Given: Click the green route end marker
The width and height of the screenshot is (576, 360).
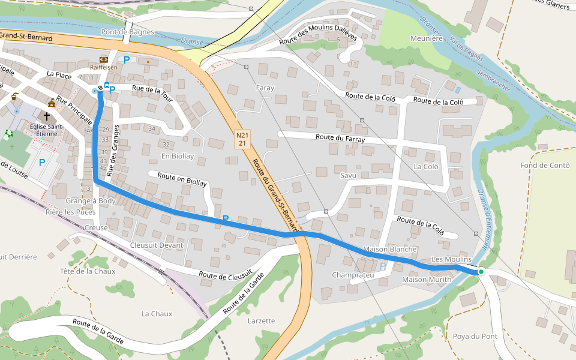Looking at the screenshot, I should point(481,272).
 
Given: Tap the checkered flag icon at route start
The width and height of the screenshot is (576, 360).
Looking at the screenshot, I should point(100,88).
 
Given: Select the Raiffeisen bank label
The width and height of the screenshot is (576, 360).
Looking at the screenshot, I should point(104,68).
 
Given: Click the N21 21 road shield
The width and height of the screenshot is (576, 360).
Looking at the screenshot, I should point(242,139).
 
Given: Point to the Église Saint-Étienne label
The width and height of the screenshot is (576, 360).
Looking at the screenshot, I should point(46,130).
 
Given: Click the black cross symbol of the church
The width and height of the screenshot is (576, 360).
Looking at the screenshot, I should point(46,116).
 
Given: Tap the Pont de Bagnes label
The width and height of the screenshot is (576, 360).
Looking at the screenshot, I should point(128,32).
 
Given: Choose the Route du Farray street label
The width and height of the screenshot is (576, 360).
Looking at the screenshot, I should point(340,139).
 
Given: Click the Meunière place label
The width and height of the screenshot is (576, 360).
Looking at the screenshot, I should point(426,38).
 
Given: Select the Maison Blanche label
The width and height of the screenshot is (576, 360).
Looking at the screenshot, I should point(390,249).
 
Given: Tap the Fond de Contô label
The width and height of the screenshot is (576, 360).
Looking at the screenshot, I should point(545,166).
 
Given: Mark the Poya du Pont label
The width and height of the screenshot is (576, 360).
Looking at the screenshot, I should point(475,336).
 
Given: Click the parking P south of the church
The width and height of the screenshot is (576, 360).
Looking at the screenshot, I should point(42,162).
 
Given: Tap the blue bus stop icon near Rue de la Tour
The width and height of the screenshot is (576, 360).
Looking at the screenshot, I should point(106,86).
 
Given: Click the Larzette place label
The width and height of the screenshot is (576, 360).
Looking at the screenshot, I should point(261,320).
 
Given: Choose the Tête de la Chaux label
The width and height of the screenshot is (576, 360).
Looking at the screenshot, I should point(88,271).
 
